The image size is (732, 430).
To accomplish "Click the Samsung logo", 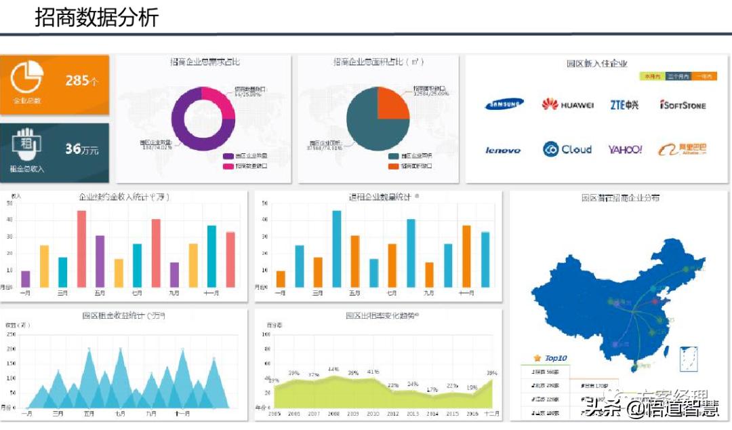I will click(x=504, y=104).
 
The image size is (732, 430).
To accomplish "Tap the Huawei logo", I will click(x=568, y=104).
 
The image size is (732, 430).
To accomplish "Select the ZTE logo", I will click(x=624, y=104).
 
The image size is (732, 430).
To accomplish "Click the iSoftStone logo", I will click(x=683, y=105).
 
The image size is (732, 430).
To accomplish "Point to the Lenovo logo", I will click(x=503, y=150).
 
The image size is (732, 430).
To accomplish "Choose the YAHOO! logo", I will click(x=625, y=149).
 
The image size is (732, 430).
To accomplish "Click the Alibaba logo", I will click(x=683, y=149).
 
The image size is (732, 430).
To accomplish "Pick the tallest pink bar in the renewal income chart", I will click(x=81, y=248).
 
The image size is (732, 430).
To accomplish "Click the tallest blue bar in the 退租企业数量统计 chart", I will click(x=336, y=248).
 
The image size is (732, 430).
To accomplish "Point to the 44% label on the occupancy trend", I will click(x=333, y=370).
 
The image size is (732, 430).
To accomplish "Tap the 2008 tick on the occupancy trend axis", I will click(x=333, y=413).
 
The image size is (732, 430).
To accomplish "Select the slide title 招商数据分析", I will click(x=96, y=17).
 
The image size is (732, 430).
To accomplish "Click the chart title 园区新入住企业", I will click(x=596, y=64).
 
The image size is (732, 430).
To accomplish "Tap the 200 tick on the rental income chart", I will click(x=12, y=349).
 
